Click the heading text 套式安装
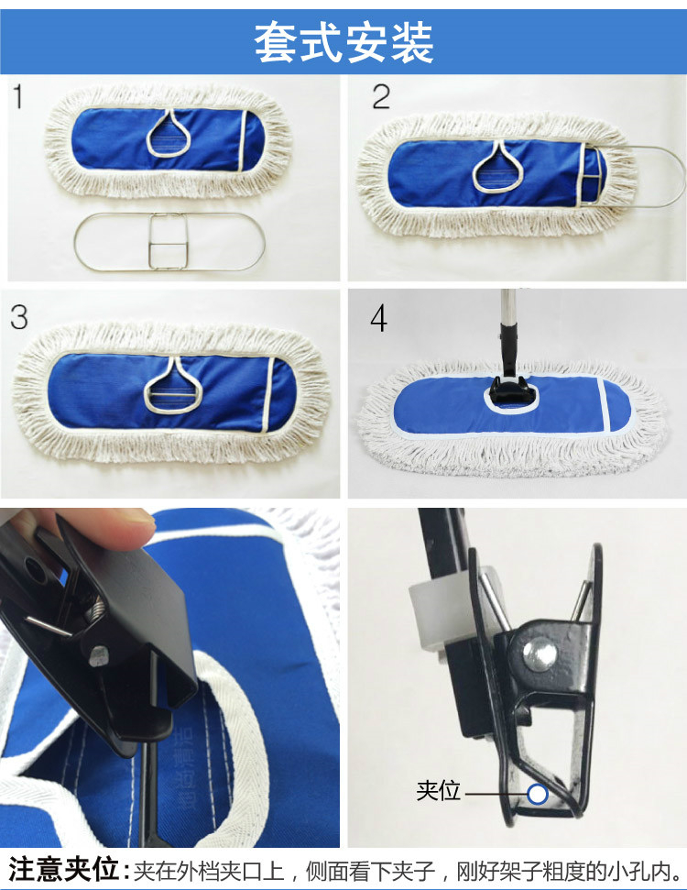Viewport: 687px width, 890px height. point(343,42)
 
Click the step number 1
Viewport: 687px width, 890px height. point(18,96)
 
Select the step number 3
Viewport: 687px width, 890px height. point(18,317)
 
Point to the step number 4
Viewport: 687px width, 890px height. point(378,318)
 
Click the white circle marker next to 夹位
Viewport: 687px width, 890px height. point(537,794)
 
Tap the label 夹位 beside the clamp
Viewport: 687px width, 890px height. point(438,791)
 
